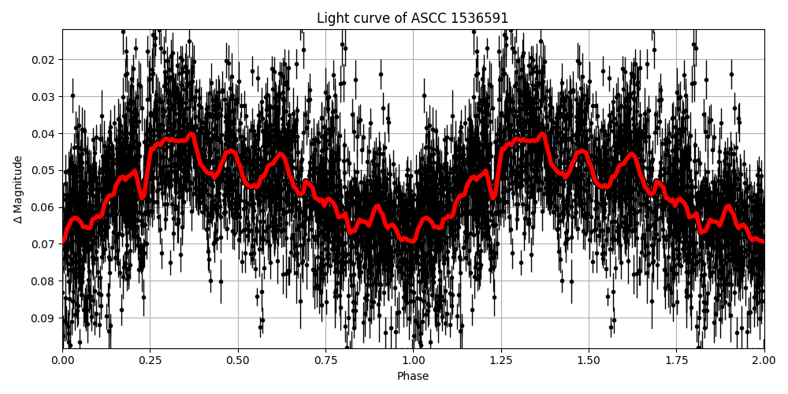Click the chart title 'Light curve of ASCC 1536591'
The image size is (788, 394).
[413, 18]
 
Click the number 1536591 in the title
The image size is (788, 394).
[480, 18]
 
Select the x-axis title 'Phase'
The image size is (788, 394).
[413, 377]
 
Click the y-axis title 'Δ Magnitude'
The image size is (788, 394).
[18, 189]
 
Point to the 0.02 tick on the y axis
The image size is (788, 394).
[44, 60]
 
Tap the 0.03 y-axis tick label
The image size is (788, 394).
[44, 97]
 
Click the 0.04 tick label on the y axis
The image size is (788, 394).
[44, 134]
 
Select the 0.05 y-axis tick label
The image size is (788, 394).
[44, 170]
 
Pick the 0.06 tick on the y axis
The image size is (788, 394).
[44, 207]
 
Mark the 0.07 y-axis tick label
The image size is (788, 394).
[44, 244]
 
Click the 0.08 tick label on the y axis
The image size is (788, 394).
[44, 281]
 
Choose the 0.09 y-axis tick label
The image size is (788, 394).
[44, 318]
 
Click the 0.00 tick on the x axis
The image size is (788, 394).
[63, 360]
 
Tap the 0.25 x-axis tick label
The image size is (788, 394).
[151, 360]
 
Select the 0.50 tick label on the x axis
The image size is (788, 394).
[238, 360]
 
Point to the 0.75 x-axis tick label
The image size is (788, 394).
[326, 360]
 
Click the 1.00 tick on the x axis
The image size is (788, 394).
[414, 360]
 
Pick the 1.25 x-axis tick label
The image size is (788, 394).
[501, 360]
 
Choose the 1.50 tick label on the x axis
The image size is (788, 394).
[589, 360]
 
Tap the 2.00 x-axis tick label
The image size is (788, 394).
[764, 360]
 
